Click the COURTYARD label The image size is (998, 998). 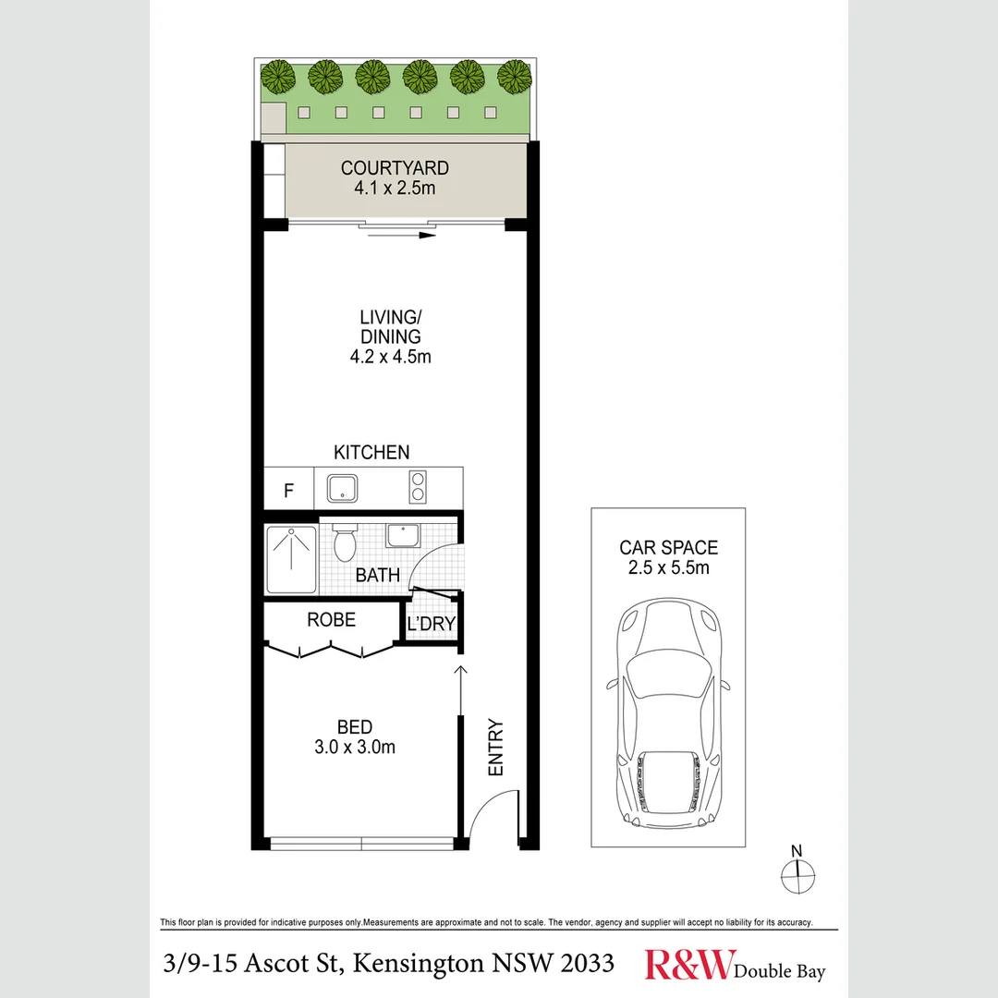pos(395,168)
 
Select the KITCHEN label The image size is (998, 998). pos(371,452)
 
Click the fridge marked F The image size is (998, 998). pos(288,491)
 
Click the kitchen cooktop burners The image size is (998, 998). pos(417,486)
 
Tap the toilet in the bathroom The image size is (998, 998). pos(345,544)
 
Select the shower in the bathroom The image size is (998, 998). pos(292,560)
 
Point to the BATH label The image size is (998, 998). pos(378,575)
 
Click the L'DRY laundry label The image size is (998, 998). pos(431,624)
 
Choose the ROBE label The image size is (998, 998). pos(331,620)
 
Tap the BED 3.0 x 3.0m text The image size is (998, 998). pos(356,737)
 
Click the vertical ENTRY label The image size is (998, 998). pos(495,748)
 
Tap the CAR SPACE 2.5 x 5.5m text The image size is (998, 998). pos(668,557)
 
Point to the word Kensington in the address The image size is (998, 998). pos(416,964)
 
